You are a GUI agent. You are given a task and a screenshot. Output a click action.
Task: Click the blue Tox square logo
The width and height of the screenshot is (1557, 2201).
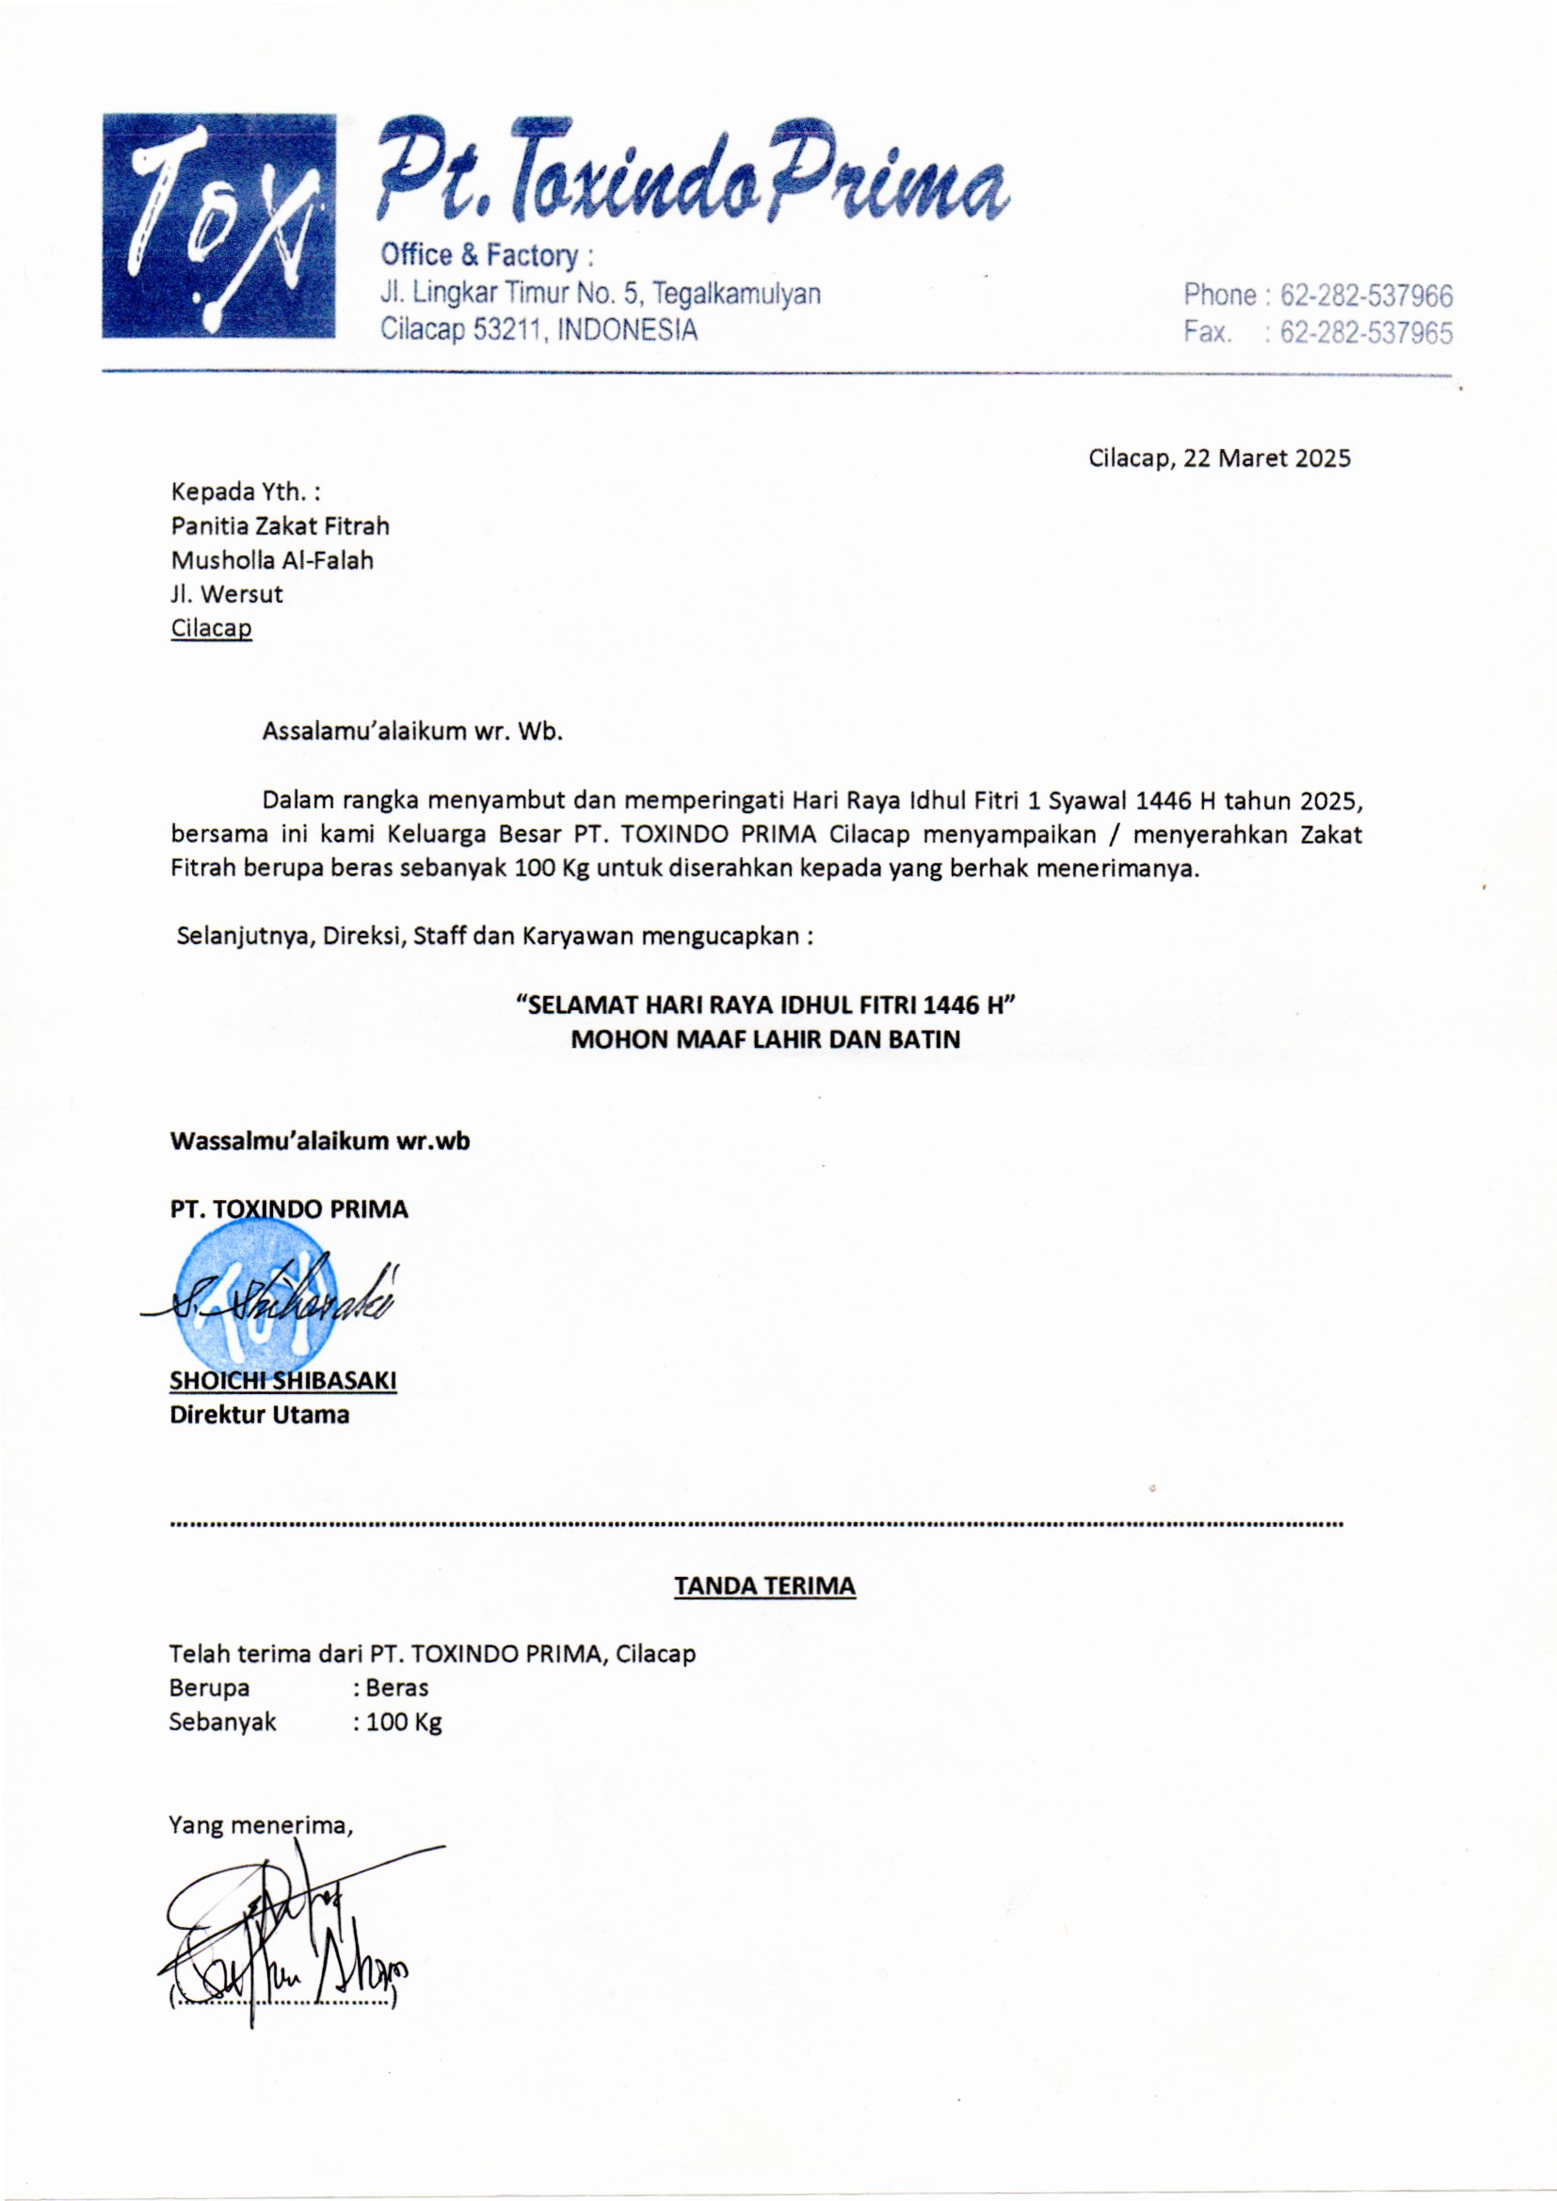(218, 225)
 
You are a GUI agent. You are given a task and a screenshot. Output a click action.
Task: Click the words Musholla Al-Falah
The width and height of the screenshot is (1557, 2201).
(271, 560)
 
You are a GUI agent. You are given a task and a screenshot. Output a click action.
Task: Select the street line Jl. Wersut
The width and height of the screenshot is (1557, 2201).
(226, 594)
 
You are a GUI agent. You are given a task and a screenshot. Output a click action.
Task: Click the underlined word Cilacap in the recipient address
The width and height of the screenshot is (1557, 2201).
(211, 629)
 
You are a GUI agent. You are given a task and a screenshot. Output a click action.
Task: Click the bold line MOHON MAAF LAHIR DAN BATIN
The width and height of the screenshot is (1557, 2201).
(765, 1040)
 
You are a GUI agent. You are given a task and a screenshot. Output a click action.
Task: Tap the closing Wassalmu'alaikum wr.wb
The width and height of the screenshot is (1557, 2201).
(319, 1142)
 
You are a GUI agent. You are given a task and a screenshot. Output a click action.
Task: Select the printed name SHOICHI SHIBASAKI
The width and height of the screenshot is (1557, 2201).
(282, 1380)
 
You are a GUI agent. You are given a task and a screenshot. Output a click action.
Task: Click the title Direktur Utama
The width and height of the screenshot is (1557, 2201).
(259, 1414)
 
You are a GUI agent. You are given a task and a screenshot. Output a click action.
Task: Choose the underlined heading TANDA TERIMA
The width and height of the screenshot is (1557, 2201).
(764, 1585)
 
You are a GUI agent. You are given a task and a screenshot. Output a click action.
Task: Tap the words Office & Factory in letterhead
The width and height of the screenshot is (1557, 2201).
(479, 256)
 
